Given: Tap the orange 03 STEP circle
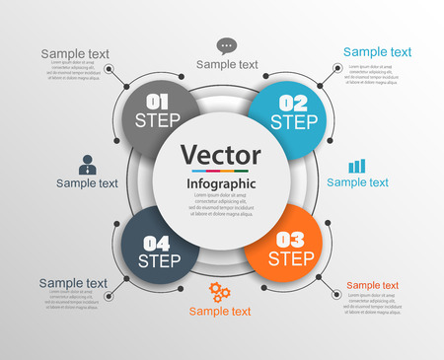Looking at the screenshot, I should (286, 247).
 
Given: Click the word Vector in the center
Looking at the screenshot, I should (221, 156).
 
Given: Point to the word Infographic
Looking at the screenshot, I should (221, 183).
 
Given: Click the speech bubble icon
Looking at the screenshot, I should (227, 45).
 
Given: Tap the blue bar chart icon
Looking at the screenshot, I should (357, 166).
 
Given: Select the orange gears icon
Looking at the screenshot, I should (220, 292).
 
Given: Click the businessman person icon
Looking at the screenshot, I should (87, 165).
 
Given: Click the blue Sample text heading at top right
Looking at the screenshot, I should (377, 52).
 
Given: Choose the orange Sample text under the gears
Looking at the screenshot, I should (220, 312).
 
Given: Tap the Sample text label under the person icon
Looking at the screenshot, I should (87, 182).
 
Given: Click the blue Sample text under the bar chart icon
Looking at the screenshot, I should (357, 182).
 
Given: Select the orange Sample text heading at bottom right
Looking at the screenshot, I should (372, 285).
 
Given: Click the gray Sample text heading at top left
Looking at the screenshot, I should (75, 53).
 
